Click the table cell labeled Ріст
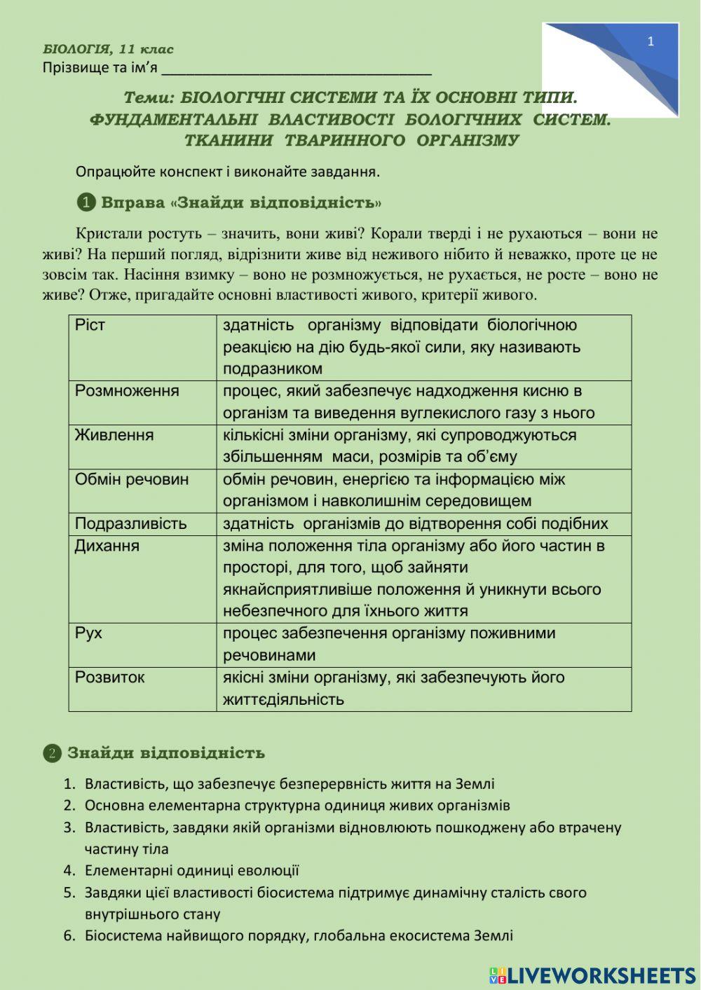coord(90,325)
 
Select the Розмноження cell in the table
coord(127,391)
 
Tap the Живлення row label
coord(114,435)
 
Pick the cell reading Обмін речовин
coord(132,479)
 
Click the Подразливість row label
coord(130,523)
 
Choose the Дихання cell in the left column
coord(107,546)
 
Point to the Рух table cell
coord(88,633)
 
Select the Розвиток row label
coord(109,678)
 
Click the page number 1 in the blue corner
coord(651,41)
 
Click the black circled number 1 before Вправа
coord(86,203)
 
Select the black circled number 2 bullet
coord(52,754)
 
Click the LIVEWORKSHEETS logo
coord(592,975)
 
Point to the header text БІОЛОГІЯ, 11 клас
coord(108,49)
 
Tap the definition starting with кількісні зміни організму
coord(400,446)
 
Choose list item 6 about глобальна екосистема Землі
coord(298,935)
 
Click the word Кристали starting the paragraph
coord(102,233)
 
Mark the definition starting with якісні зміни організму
coord(393,688)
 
